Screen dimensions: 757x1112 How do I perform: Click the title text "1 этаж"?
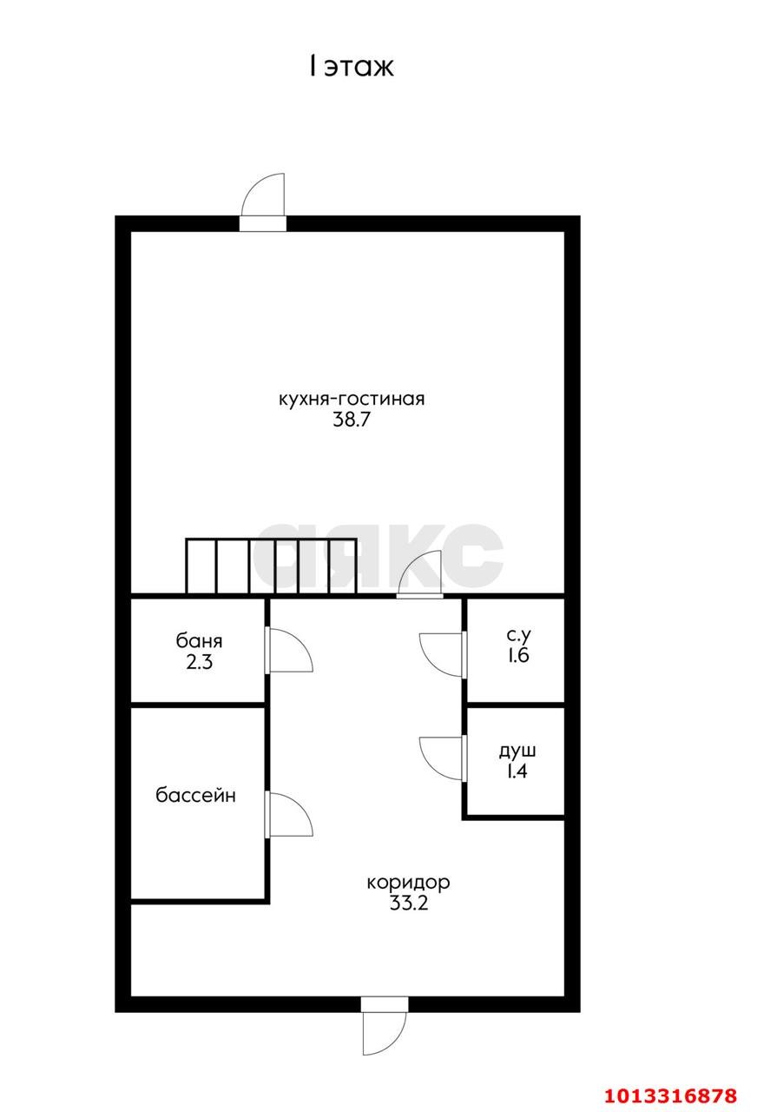coord(352,67)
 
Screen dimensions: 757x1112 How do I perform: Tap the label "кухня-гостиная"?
coord(352,399)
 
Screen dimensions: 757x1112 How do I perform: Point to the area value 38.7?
coord(352,420)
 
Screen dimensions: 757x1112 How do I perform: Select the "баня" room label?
coord(199,641)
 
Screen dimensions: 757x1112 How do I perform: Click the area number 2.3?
coord(199,662)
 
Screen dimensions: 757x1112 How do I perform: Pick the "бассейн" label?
coord(195,795)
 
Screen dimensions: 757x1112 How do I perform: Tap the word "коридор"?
coord(408,882)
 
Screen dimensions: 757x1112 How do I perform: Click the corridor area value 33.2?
coord(408,903)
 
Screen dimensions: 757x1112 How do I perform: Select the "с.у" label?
coord(518,635)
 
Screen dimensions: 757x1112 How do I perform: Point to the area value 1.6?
coord(518,655)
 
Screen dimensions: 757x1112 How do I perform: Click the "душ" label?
coord(517,751)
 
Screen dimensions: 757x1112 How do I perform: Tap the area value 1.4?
coord(517,771)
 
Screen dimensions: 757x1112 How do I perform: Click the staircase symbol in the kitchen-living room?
coord(271,566)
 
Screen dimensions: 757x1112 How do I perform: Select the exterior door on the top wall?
coord(263,202)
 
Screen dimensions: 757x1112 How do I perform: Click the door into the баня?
coord(290,651)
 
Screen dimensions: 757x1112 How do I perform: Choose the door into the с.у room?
coord(443,655)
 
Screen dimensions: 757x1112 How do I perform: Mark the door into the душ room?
coord(443,759)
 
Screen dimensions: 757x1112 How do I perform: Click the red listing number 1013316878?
coord(671,1095)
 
